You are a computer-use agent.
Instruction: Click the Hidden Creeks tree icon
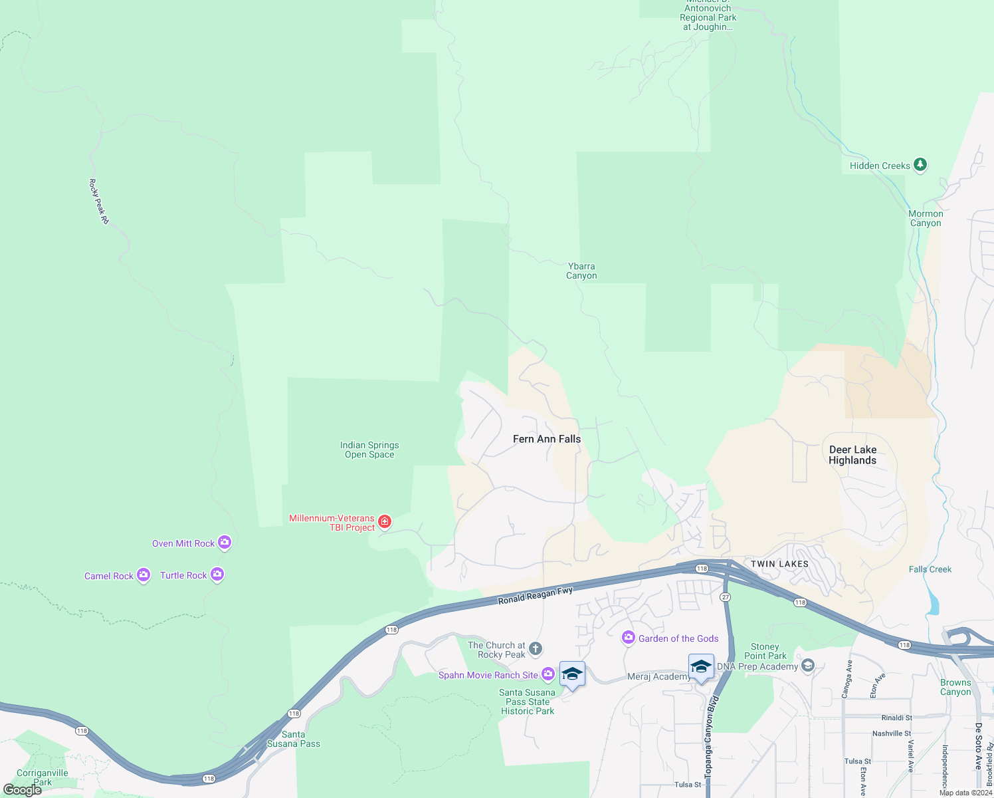click(x=920, y=164)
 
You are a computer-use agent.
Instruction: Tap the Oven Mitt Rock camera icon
click(x=225, y=543)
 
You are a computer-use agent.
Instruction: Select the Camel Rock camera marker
click(x=144, y=575)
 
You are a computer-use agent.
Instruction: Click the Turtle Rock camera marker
click(x=217, y=575)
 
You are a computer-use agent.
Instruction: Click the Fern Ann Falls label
click(x=547, y=439)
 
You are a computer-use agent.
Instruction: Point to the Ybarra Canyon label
click(x=581, y=271)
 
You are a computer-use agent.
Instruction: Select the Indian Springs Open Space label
click(x=369, y=450)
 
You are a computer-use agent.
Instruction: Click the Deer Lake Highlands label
click(x=852, y=455)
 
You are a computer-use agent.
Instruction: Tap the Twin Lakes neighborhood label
click(x=779, y=564)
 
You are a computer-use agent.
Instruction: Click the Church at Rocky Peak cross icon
click(x=536, y=648)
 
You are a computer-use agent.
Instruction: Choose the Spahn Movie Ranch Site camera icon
click(x=548, y=674)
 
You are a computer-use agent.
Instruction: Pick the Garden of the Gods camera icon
click(x=628, y=638)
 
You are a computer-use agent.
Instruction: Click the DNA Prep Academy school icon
click(x=808, y=666)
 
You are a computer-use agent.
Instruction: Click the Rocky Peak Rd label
click(x=99, y=201)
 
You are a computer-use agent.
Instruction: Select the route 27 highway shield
click(x=726, y=597)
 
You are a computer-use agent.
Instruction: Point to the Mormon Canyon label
click(x=926, y=218)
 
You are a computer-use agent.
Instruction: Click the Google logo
click(x=23, y=790)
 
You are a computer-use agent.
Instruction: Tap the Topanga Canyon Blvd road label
click(x=712, y=738)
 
